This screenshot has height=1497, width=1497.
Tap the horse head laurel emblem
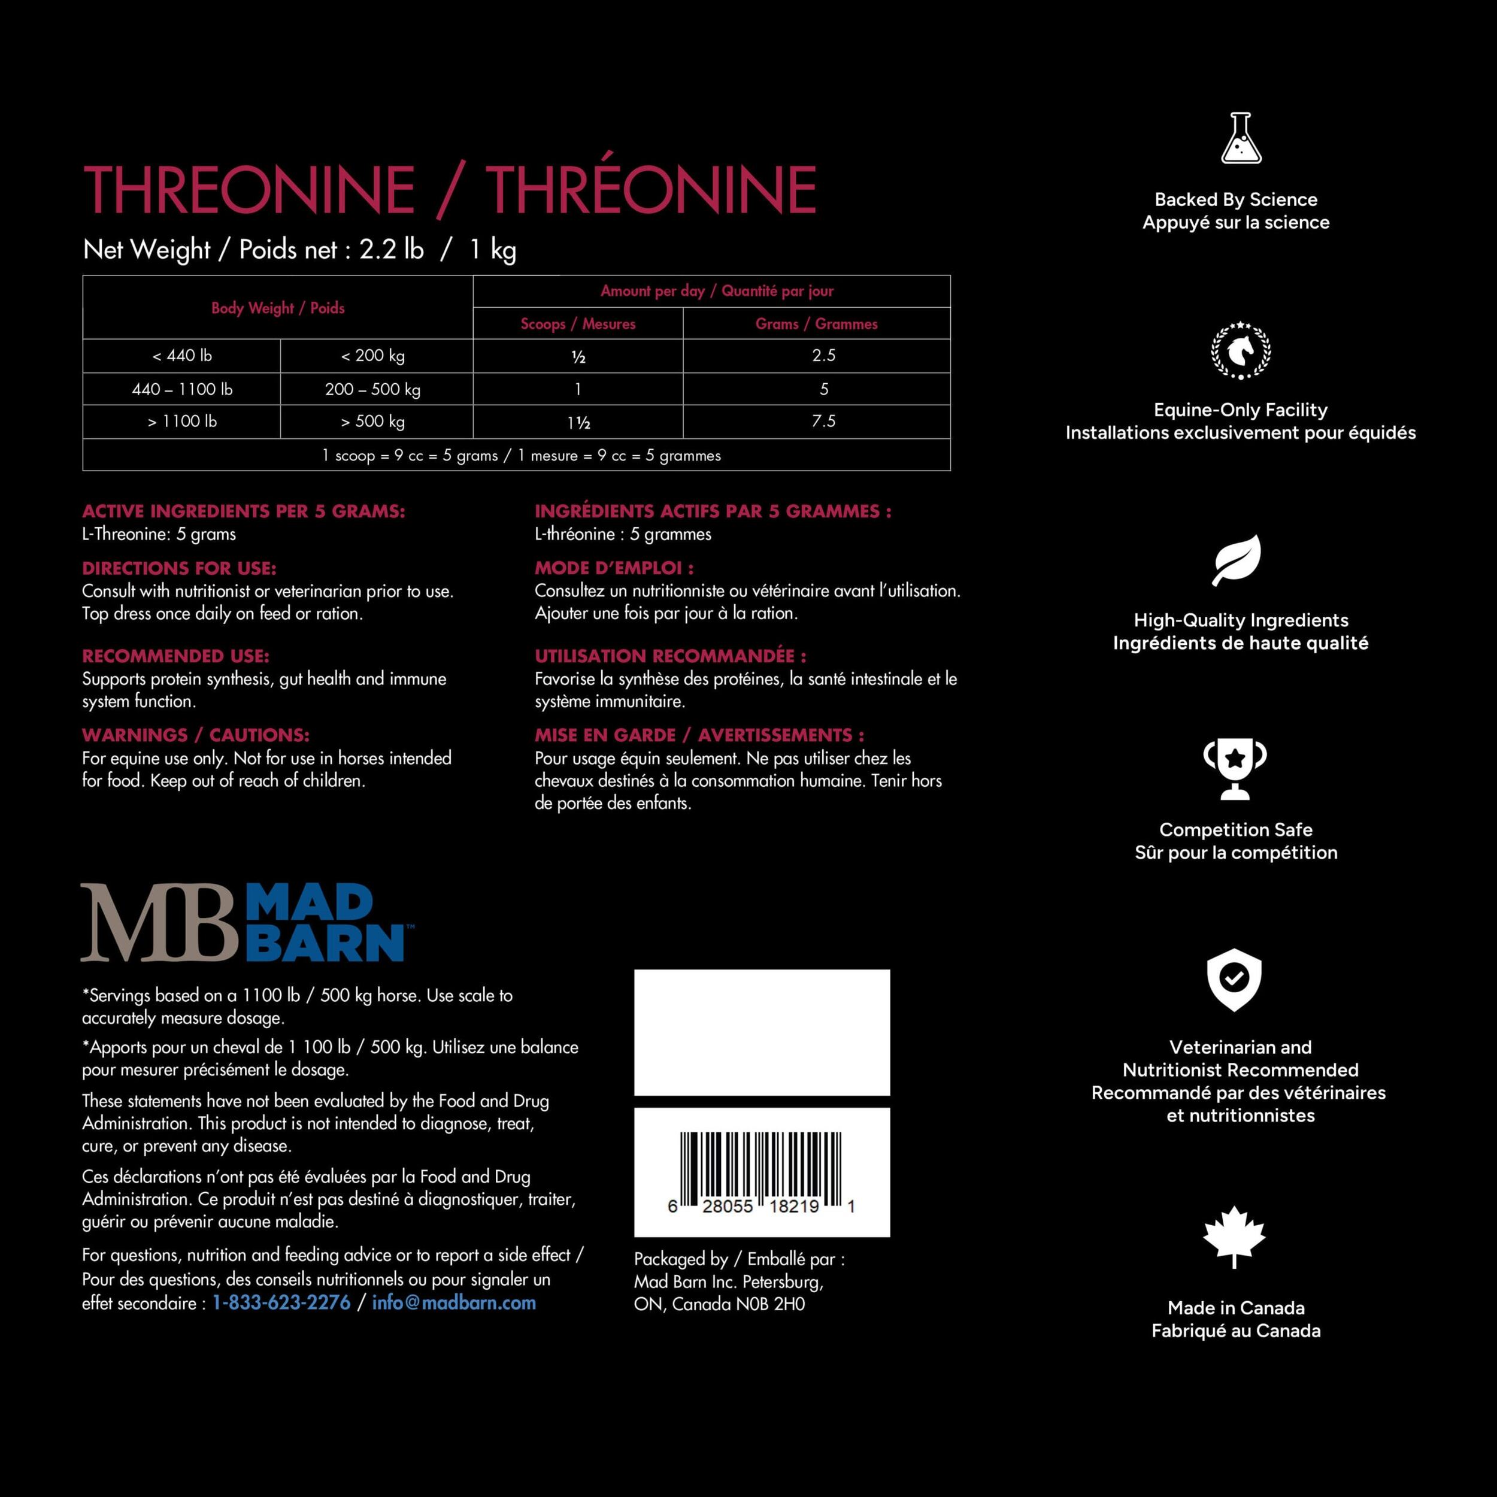point(1241,350)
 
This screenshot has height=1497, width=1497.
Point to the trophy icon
point(1235,769)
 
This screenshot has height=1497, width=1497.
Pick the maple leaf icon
point(1234,1236)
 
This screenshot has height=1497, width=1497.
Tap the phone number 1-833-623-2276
point(281,1302)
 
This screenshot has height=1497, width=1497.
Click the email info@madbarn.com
point(453,1302)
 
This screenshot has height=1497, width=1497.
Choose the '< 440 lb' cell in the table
point(182,356)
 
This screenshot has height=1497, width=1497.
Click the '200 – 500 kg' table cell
point(372,389)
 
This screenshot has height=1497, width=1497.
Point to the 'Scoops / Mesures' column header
point(578,324)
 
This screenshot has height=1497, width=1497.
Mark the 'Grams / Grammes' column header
point(817,324)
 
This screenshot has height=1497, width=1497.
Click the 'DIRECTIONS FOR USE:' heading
point(179,568)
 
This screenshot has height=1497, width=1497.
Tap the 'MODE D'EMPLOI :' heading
point(614,568)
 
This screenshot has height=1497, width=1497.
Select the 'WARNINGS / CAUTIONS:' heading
point(195,735)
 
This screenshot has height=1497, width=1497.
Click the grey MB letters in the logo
point(159,923)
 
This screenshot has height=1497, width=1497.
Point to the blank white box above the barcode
point(762,1032)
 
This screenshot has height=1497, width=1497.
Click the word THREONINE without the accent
point(249,189)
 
